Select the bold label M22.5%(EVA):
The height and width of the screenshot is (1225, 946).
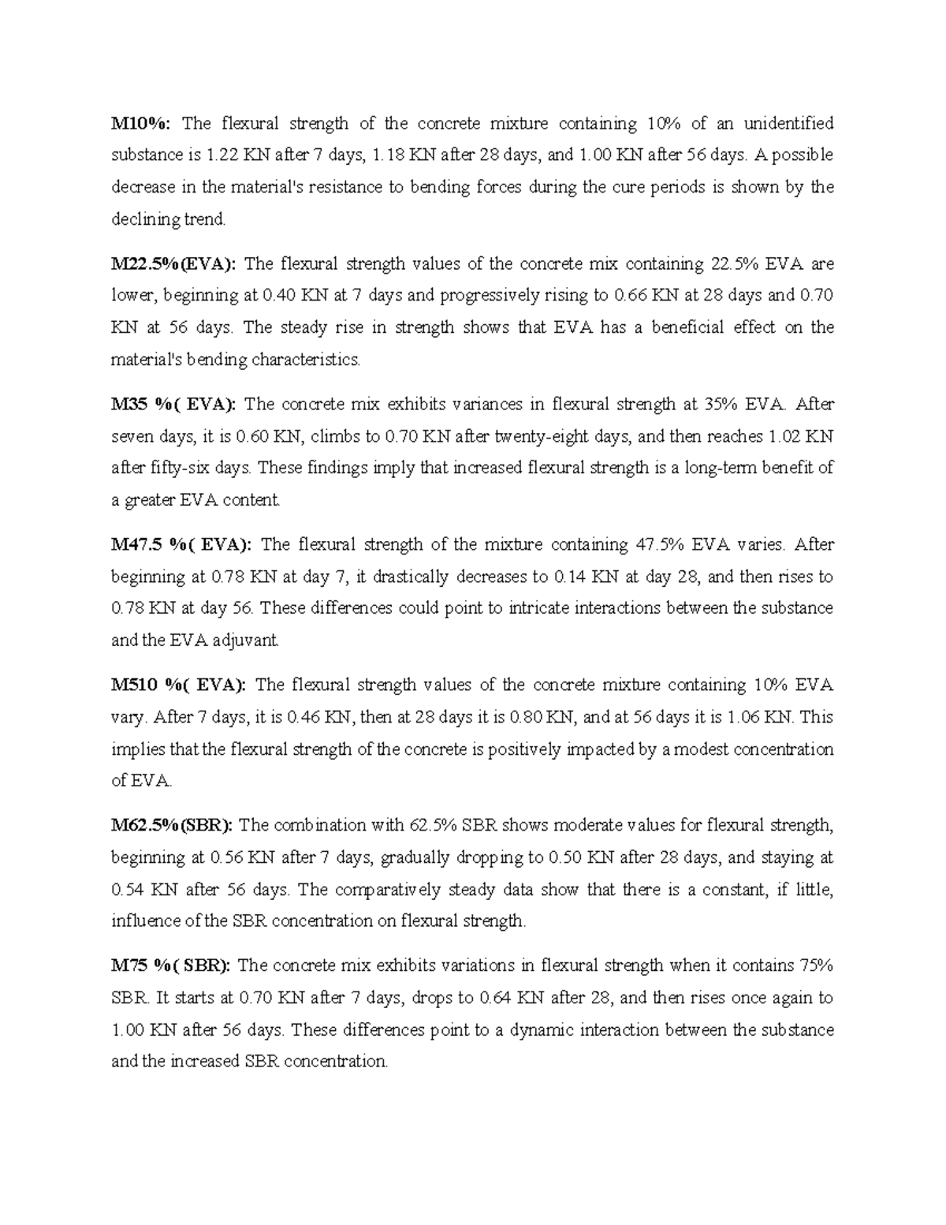[173, 263]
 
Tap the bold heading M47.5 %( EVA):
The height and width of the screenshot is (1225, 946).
[181, 544]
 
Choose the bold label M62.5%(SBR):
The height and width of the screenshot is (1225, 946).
[171, 825]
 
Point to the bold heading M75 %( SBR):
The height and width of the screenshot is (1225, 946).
[170, 965]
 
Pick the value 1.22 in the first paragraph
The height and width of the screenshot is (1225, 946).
[222, 155]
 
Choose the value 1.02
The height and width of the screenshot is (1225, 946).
[783, 436]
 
